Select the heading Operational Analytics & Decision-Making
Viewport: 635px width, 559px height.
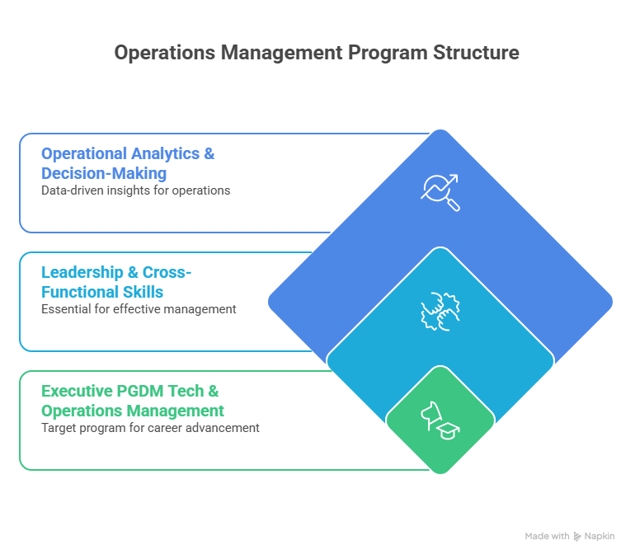(128, 163)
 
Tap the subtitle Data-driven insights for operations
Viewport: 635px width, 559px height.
(135, 190)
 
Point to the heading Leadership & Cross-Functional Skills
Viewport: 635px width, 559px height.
(115, 282)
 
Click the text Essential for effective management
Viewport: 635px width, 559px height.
(139, 309)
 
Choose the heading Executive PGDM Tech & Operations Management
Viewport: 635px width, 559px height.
(132, 401)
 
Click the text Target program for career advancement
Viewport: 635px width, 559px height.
(150, 428)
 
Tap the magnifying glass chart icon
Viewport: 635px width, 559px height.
(440, 191)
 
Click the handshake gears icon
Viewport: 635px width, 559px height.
(440, 311)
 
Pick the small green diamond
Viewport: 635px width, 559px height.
(440, 420)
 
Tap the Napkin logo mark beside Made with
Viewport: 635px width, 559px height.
(576, 536)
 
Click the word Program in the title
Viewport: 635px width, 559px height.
(386, 53)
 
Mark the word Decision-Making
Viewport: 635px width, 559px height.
(104, 173)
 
